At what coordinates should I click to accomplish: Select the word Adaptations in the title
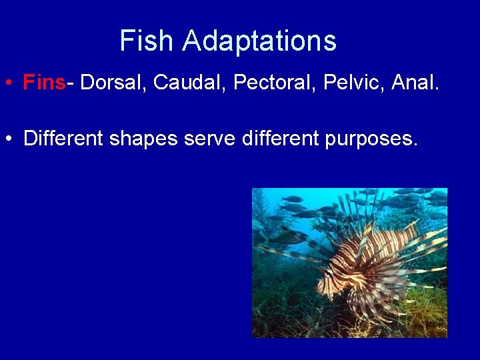click(259, 41)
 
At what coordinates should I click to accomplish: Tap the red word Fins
click(44, 83)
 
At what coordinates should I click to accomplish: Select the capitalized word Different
click(63, 139)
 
